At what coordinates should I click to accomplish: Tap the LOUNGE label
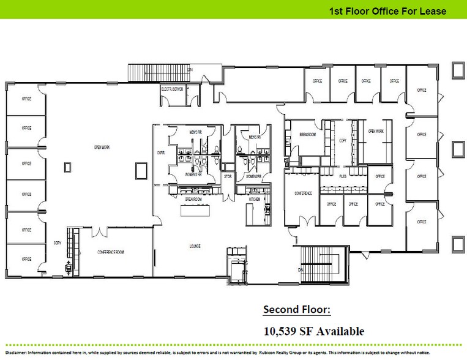pos(195,246)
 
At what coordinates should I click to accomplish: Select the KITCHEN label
pos(255,200)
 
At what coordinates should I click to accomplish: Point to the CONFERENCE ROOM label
pos(111,252)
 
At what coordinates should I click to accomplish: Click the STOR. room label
pos(226,176)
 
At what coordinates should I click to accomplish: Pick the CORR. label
pos(161,152)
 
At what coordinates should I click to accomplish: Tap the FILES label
pos(343,176)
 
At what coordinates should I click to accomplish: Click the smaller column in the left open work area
pos(69,165)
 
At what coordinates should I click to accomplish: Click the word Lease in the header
pos(435,11)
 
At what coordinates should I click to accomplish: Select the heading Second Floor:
pos(296,310)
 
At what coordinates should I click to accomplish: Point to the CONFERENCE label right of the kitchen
pos(303,193)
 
